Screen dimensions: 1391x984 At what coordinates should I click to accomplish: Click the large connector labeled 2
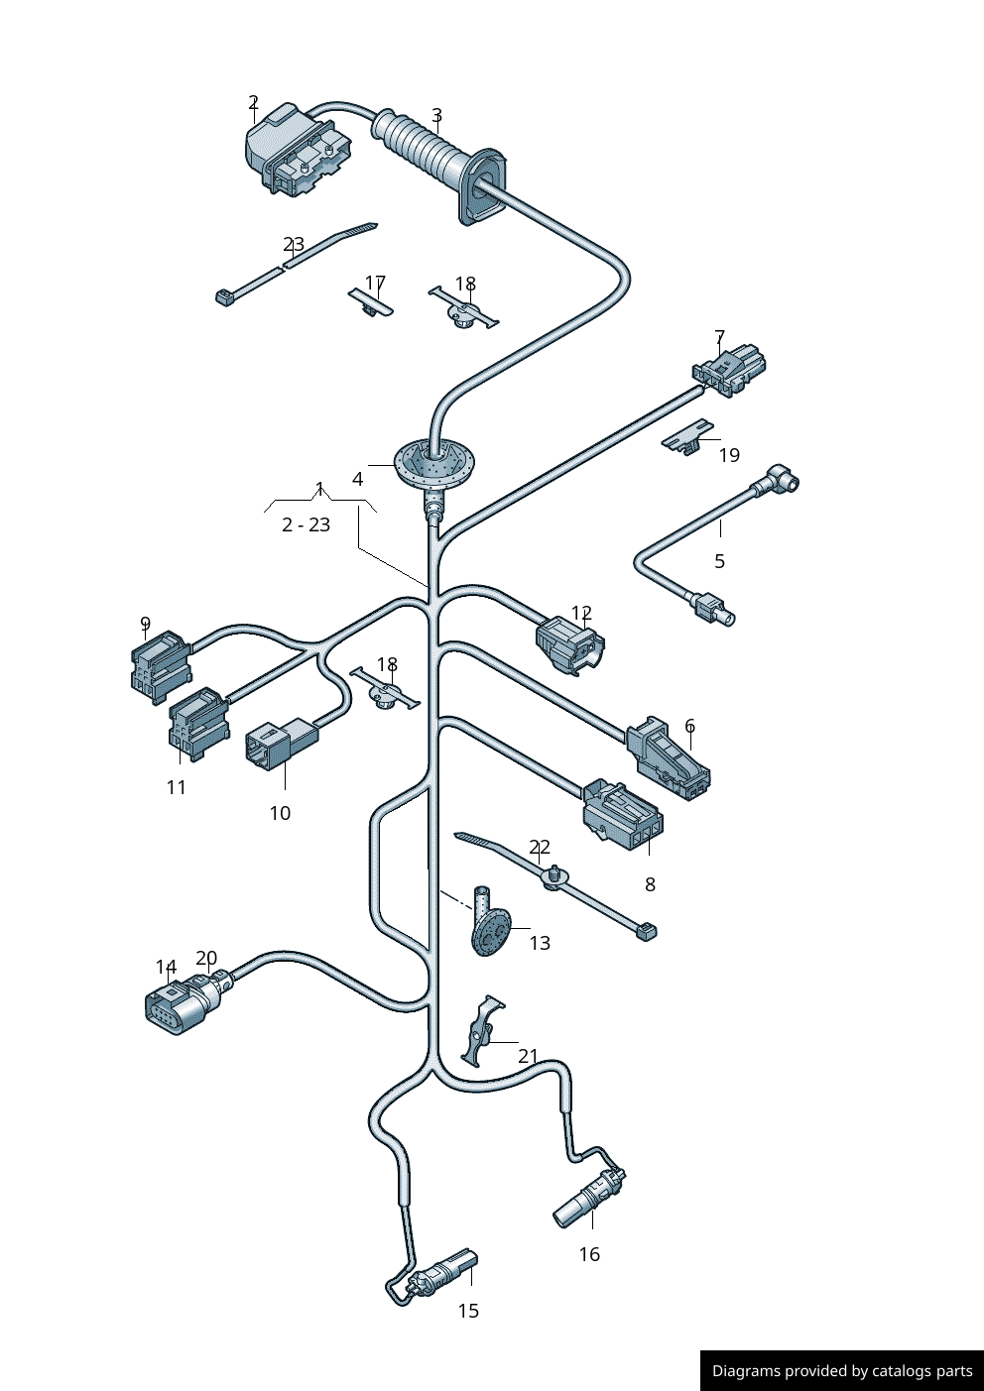(x=296, y=151)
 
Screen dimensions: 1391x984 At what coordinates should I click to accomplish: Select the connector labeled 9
(x=159, y=663)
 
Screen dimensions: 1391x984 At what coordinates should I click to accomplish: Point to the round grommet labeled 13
(x=489, y=930)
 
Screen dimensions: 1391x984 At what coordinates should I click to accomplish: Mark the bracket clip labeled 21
(x=482, y=1031)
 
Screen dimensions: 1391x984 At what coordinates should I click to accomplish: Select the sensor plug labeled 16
(x=587, y=1195)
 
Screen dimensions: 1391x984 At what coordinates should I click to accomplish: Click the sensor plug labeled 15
(x=442, y=1273)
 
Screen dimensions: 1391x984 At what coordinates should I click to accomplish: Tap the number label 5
(x=719, y=561)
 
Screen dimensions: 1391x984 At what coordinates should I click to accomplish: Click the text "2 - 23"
(x=306, y=524)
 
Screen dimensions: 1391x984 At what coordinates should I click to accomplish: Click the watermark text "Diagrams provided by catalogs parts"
(x=842, y=1371)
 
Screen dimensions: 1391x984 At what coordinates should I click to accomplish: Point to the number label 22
(x=540, y=847)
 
